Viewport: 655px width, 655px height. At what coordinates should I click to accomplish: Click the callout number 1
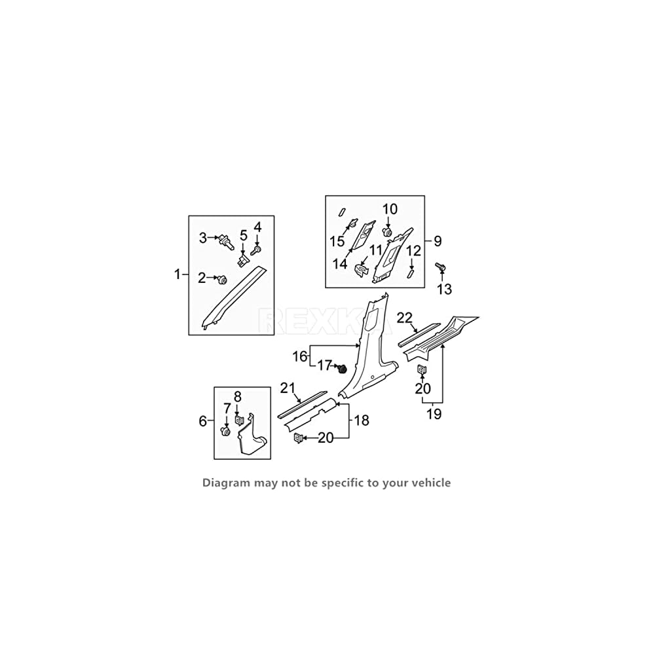(x=177, y=274)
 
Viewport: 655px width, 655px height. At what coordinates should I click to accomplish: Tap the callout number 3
(x=203, y=237)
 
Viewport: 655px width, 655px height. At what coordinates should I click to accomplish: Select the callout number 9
(x=437, y=241)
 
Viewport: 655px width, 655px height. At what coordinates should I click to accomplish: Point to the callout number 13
(x=445, y=289)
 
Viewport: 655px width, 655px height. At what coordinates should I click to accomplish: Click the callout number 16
(x=299, y=356)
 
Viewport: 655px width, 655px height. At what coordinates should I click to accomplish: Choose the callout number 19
(x=434, y=414)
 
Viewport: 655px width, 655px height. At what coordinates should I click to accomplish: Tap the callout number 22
(x=405, y=318)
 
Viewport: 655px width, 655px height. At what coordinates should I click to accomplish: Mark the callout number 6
(x=202, y=421)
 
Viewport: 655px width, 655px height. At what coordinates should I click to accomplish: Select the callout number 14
(x=340, y=264)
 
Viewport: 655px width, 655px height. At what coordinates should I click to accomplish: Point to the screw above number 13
(x=440, y=267)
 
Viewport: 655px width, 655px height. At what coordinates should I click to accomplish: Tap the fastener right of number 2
(x=222, y=280)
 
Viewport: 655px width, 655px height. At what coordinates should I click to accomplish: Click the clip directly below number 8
(x=239, y=419)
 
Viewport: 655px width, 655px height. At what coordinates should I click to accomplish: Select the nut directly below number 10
(x=387, y=232)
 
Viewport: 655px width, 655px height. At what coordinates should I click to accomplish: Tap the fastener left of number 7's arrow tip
(x=226, y=432)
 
